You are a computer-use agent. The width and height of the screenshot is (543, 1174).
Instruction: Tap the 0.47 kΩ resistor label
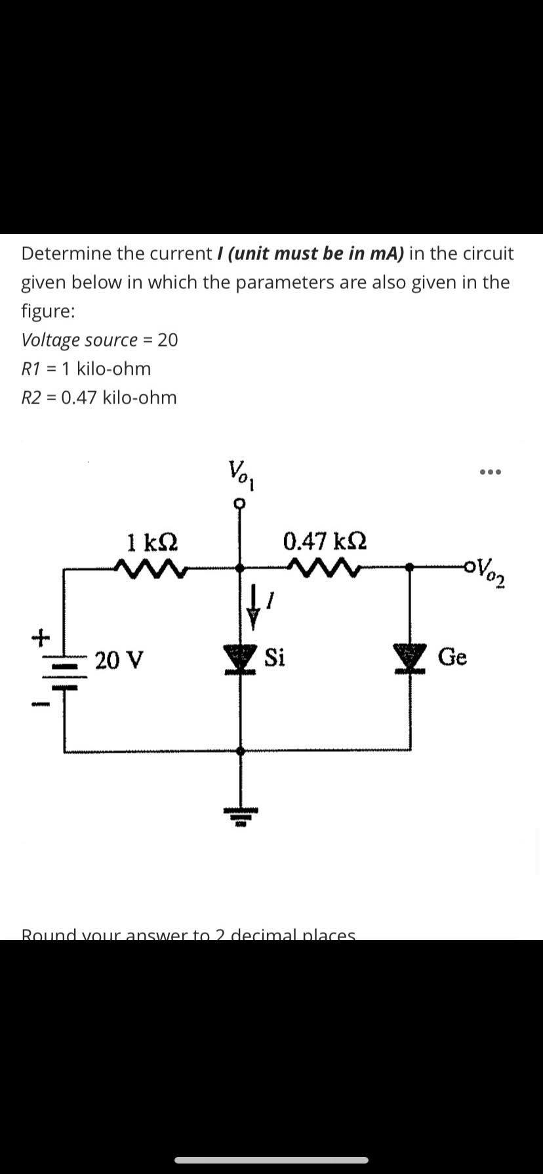click(x=325, y=542)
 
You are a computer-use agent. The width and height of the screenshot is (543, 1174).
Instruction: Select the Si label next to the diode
click(x=275, y=657)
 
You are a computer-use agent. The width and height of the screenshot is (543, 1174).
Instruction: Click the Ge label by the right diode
click(x=452, y=656)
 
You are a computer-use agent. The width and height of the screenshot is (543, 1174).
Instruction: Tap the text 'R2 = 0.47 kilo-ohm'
click(x=99, y=398)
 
